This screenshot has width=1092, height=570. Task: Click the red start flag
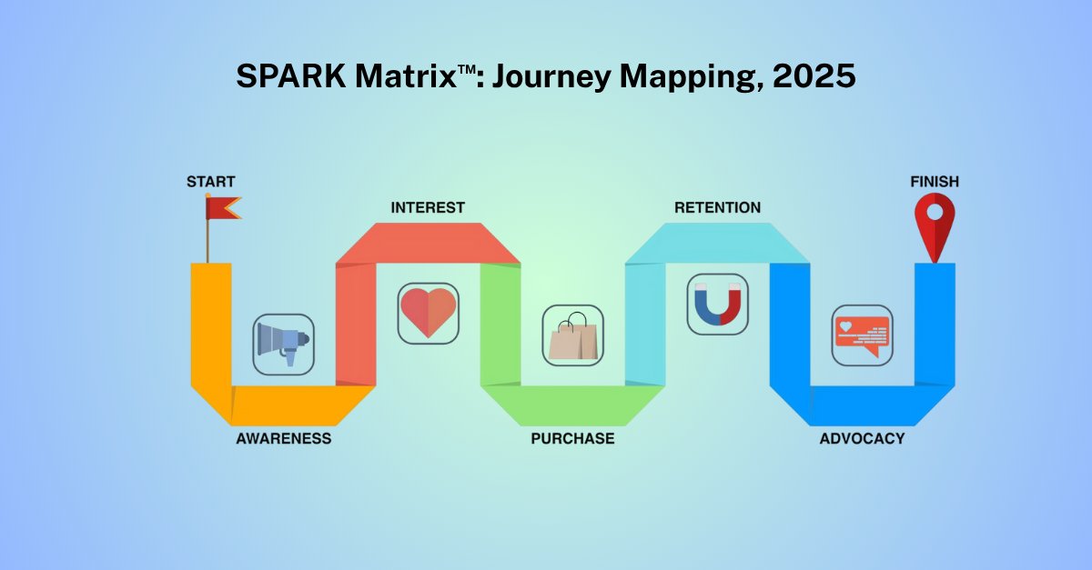pyautogui.click(x=221, y=208)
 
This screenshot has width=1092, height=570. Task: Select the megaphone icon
pyautogui.click(x=283, y=345)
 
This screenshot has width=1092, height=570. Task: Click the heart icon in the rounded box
pyautogui.click(x=428, y=312)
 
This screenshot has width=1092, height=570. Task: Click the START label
pyautogui.click(x=210, y=182)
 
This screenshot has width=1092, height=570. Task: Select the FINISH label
pyautogui.click(x=935, y=182)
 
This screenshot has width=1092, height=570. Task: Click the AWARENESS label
pyautogui.click(x=283, y=439)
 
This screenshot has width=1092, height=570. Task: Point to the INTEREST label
pyautogui.click(x=428, y=208)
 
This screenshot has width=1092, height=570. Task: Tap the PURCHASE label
pyautogui.click(x=572, y=439)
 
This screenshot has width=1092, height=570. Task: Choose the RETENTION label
pyautogui.click(x=717, y=208)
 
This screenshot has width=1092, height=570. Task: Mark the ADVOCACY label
pyautogui.click(x=862, y=439)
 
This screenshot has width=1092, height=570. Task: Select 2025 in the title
pyautogui.click(x=814, y=77)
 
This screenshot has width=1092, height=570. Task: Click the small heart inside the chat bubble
pyautogui.click(x=845, y=325)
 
